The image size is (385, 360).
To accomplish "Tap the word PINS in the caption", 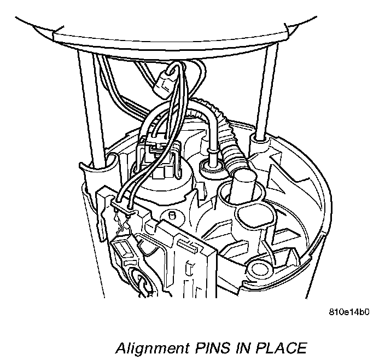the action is [203, 348].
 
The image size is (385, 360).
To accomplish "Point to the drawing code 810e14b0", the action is [350, 313].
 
